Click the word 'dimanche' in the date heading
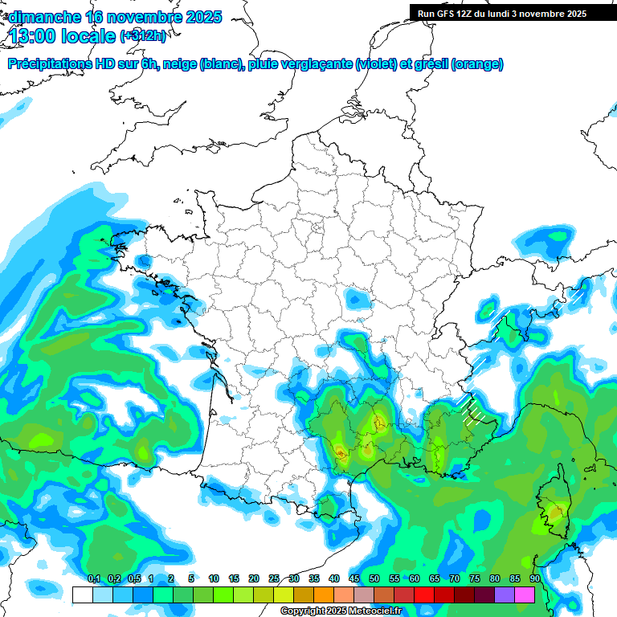tap(43, 17)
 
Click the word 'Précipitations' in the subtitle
tap(50, 64)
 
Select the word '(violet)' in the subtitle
tap(376, 64)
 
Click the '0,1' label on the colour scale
tap(94, 578)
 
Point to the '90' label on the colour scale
tap(534, 578)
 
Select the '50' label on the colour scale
tap(374, 578)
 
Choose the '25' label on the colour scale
tap(274, 578)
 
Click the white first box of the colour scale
tap(82, 595)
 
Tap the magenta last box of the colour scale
tap(525, 595)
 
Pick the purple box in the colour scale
tap(505, 595)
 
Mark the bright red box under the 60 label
tap(424, 595)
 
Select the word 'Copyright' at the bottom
tap(302, 611)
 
